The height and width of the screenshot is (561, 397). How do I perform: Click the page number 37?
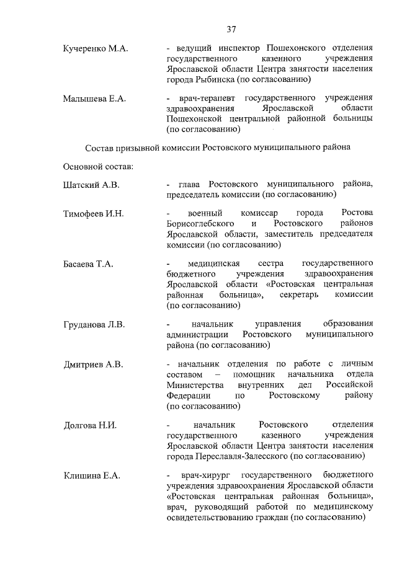(231, 29)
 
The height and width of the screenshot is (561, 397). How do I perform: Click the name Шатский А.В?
(91, 185)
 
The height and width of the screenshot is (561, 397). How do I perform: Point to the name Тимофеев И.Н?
(94, 214)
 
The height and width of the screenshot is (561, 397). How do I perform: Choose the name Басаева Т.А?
(88, 265)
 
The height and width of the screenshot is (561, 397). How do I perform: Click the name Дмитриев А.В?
(93, 364)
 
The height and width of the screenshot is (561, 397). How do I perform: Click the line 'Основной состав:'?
(94, 167)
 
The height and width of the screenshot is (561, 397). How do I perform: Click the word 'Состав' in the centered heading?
(99, 148)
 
